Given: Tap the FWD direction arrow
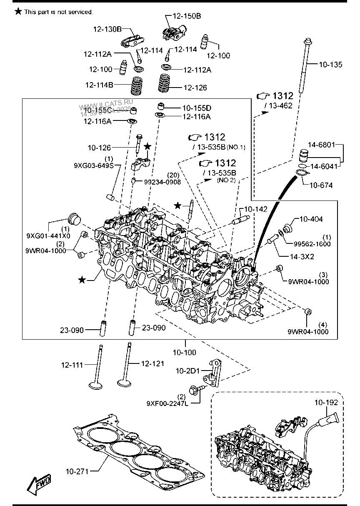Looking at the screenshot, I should [38, 484].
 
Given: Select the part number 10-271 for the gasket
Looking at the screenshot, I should [77, 471].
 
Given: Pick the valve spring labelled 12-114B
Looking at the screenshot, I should [136, 86].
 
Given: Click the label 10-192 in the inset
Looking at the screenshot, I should [326, 403].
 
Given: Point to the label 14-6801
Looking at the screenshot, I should [321, 145].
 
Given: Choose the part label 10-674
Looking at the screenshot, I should [321, 185].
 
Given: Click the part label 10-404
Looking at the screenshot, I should [311, 219].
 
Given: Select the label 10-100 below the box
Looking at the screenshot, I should [184, 353].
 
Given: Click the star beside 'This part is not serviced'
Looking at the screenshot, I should [18, 11].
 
